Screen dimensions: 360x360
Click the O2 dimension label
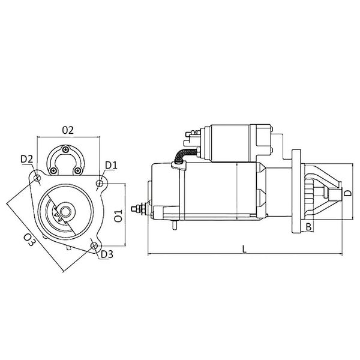click(x=67, y=130)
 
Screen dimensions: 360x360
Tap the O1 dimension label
click(x=118, y=215)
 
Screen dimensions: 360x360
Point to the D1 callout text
click(x=111, y=165)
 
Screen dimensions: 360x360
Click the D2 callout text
click(x=26, y=159)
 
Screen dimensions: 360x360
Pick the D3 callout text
click(x=106, y=254)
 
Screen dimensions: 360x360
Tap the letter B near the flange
click(x=308, y=227)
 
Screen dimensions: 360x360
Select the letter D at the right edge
click(x=347, y=193)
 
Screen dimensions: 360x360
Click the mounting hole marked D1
click(x=101, y=181)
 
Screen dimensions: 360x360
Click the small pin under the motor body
click(x=173, y=227)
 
